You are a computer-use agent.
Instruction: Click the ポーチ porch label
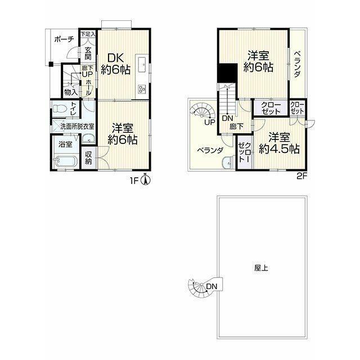point(64,39)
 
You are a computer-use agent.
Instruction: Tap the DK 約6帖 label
point(116,64)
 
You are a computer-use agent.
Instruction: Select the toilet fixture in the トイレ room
point(59,109)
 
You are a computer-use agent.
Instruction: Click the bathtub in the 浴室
point(66,161)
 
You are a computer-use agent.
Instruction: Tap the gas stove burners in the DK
point(142,89)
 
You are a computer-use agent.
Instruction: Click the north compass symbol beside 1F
point(146,179)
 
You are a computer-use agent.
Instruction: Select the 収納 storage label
point(88,157)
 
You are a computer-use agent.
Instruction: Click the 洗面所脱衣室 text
point(77,126)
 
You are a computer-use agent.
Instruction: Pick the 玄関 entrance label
point(88,53)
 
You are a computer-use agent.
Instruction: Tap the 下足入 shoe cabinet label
point(88,34)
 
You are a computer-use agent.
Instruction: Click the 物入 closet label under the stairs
point(70,92)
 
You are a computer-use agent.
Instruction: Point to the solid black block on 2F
point(227,72)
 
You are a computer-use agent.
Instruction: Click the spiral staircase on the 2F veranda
point(203,112)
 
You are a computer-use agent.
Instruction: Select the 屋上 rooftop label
point(261,268)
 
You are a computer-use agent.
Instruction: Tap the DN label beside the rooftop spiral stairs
point(211,286)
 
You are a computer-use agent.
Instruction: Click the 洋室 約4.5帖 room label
point(279,143)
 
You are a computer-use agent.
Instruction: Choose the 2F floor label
point(302,176)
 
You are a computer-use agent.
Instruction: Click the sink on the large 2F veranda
point(227,163)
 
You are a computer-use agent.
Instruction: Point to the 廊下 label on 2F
point(237,127)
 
